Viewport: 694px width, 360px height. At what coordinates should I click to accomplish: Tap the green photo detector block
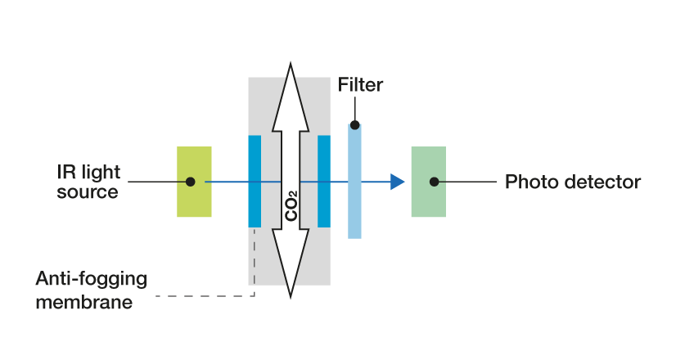click(x=429, y=200)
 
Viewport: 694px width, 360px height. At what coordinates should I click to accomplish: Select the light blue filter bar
click(x=354, y=205)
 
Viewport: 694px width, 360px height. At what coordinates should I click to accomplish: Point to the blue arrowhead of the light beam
click(x=398, y=182)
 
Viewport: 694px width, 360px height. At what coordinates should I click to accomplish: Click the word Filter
click(x=360, y=85)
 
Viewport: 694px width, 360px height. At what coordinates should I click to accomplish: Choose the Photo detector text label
click(x=572, y=182)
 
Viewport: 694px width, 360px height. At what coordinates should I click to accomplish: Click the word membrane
click(x=83, y=303)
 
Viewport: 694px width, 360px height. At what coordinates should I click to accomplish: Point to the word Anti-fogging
click(x=92, y=278)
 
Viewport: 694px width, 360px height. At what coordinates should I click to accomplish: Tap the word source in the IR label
click(x=88, y=193)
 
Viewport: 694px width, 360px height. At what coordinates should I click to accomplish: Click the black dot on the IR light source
click(x=190, y=182)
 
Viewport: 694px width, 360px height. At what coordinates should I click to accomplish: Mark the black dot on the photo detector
click(x=435, y=182)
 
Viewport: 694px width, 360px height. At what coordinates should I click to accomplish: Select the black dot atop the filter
click(x=354, y=125)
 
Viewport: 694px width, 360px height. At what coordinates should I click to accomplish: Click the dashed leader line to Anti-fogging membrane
click(x=205, y=295)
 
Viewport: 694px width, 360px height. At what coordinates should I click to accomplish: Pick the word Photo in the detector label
click(x=528, y=182)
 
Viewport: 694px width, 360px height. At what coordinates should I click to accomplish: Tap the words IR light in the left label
click(x=88, y=173)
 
